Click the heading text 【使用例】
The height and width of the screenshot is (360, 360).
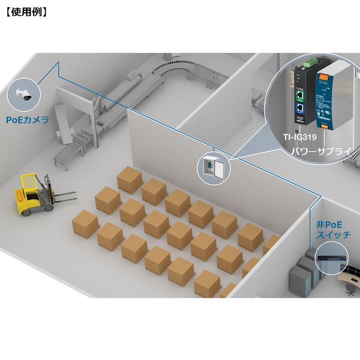pos(25,11)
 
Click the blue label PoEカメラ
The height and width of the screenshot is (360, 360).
pos(27,120)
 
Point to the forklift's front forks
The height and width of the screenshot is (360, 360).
pos(63,194)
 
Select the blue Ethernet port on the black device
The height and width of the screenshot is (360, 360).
pos(299,109)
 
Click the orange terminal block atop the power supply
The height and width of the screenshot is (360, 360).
pos(323,75)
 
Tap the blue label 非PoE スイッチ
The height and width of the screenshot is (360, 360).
pos(333,230)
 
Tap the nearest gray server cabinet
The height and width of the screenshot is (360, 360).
pos(300,279)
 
